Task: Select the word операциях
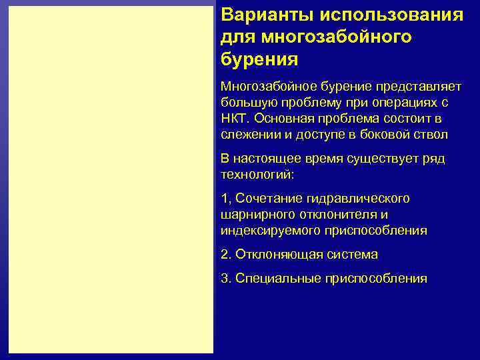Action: pos(406,103)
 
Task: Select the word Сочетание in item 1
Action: pos(268,199)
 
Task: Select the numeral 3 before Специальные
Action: pos(223,279)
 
